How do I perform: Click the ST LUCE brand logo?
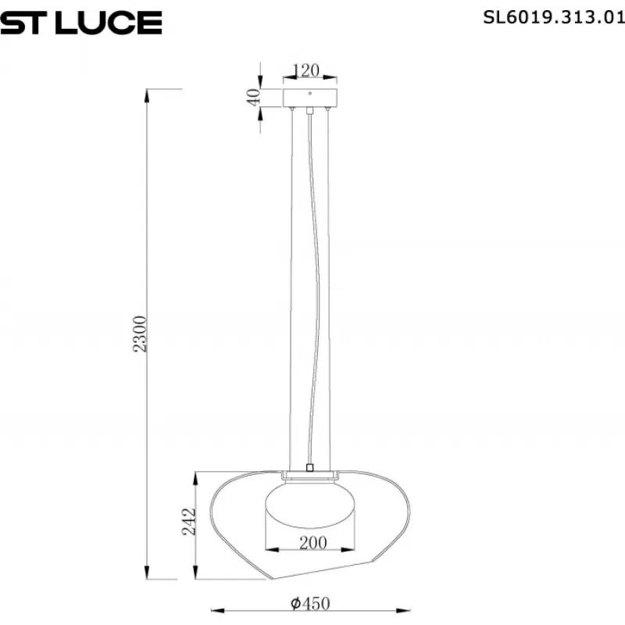click(x=81, y=23)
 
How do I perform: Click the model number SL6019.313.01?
click(x=554, y=17)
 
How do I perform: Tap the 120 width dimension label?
click(x=306, y=70)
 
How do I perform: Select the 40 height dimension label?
click(x=253, y=97)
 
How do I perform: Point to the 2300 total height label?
click(x=139, y=334)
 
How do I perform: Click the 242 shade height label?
click(x=189, y=522)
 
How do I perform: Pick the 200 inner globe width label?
click(x=313, y=543)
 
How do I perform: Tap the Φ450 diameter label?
click(x=310, y=603)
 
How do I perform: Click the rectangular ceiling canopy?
click(x=310, y=98)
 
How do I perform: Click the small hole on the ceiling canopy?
click(x=310, y=94)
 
